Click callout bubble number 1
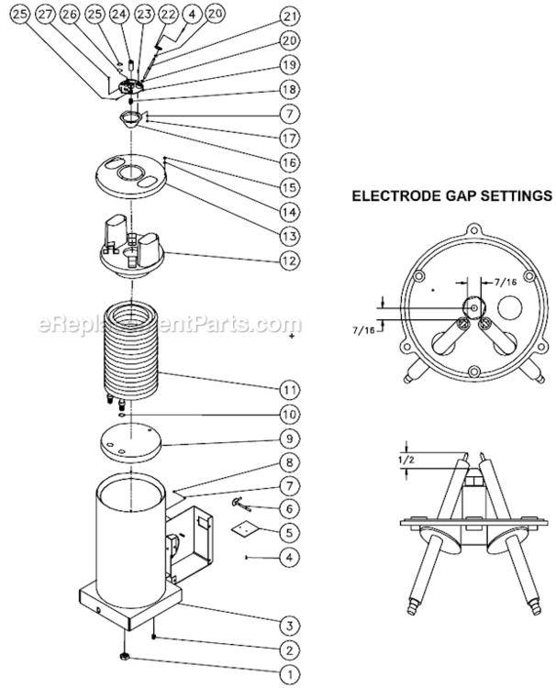291,674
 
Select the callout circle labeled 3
291,626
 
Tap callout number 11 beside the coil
291,385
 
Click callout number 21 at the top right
291,17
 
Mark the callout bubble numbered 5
291,531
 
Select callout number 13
291,237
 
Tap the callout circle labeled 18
291,90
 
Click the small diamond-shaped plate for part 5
244,529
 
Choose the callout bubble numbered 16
291,161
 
